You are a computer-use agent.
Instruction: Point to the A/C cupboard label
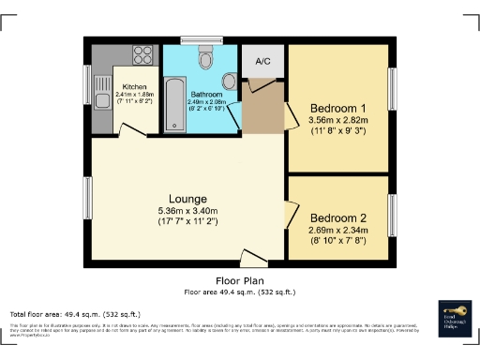pyautogui.click(x=262, y=62)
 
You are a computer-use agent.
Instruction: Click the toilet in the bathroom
pyautogui.click(x=206, y=59)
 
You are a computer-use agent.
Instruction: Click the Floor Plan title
pyautogui.click(x=239, y=280)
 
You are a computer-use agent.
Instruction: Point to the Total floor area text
pyautogui.click(x=75, y=314)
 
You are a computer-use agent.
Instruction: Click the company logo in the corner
pyautogui.click(x=457, y=318)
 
